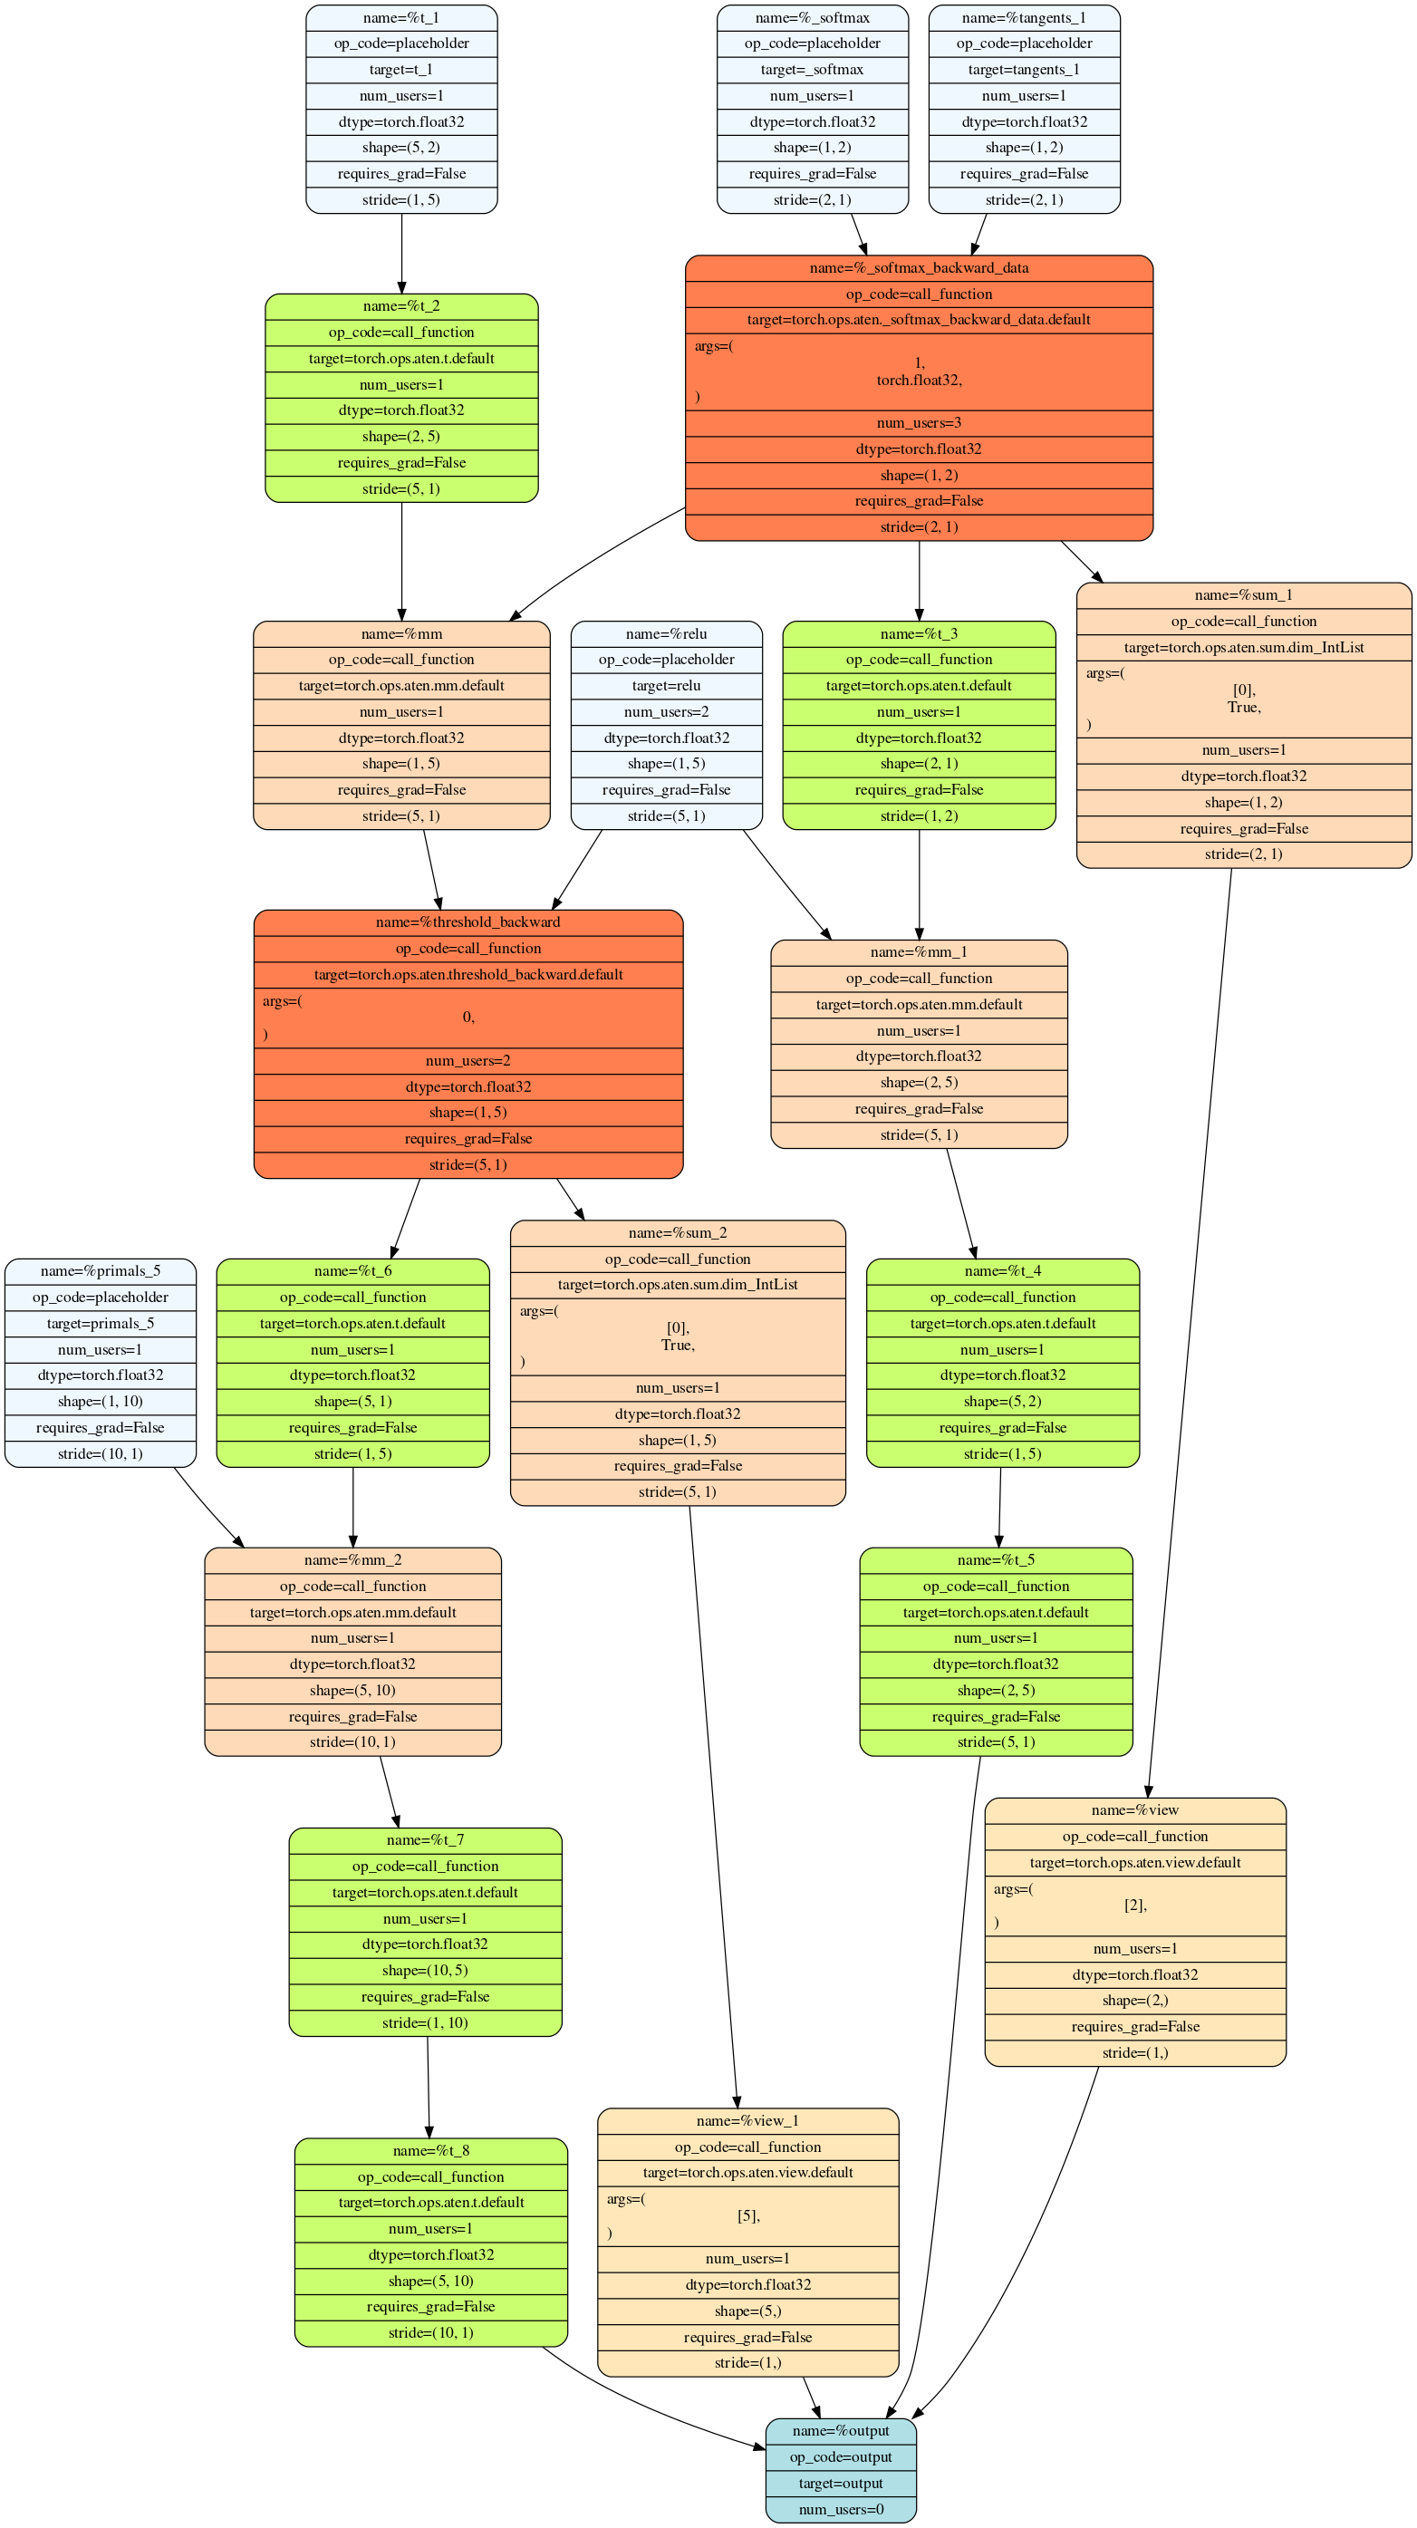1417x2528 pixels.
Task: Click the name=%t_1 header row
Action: click(x=401, y=17)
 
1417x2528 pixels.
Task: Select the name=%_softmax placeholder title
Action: click(x=812, y=17)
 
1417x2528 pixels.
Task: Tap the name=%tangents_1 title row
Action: click(x=1024, y=17)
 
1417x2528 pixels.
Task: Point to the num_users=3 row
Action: click(x=919, y=423)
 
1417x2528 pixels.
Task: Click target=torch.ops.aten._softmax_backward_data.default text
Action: click(x=919, y=320)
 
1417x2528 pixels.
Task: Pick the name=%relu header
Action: click(x=666, y=634)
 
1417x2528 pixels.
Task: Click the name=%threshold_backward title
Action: click(x=468, y=922)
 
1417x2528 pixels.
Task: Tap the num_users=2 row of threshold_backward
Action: click(x=468, y=1061)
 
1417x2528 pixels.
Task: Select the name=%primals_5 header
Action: click(x=100, y=1272)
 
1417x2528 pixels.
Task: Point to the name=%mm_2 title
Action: click(x=352, y=1560)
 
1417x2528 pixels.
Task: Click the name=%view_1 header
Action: click(x=747, y=2122)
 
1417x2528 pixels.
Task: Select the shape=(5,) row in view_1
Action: click(x=747, y=2311)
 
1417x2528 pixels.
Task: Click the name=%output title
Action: click(x=840, y=2432)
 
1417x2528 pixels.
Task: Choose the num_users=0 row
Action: click(x=840, y=2509)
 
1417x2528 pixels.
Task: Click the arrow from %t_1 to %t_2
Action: click(x=401, y=253)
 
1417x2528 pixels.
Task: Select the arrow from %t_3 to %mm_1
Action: click(x=919, y=883)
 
